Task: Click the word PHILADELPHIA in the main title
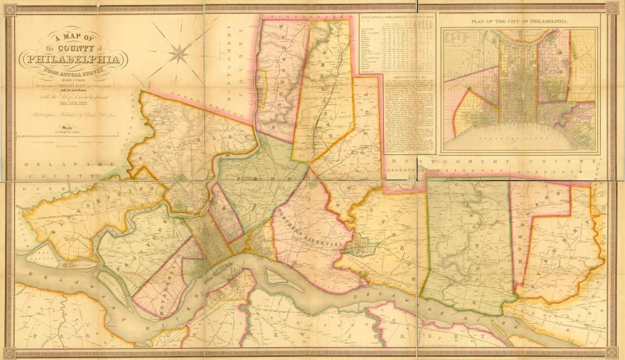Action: tap(72, 61)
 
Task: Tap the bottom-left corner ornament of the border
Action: tap(9, 352)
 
